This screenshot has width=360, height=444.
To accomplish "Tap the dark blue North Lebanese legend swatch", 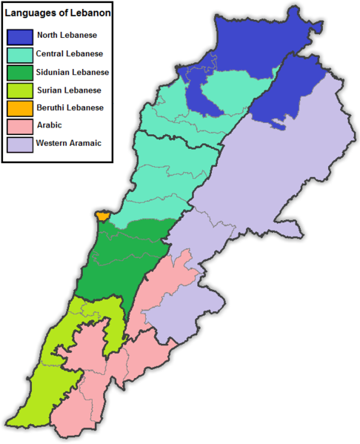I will [21, 36].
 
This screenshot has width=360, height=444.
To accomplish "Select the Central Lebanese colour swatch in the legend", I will [21, 54].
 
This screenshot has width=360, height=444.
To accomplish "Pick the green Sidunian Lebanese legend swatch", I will [21, 72].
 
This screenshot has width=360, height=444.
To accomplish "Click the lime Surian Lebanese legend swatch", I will [21, 90].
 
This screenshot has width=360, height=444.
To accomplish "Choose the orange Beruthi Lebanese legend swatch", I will [21, 108].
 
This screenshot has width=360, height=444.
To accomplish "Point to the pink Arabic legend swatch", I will [21, 126].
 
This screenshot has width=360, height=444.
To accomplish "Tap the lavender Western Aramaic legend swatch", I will [21, 144].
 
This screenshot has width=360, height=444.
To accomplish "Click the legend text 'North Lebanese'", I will [67, 36].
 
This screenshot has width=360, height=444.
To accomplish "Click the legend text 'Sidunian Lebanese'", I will [73, 72].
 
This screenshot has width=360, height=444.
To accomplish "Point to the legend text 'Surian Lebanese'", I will [68, 90].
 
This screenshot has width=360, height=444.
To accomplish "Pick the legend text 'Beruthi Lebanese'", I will [70, 108].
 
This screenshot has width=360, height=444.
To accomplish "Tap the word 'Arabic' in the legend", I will [50, 126].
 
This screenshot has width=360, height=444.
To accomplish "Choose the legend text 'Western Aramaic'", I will [69, 144].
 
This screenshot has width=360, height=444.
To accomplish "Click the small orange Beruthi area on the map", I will [101, 216].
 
